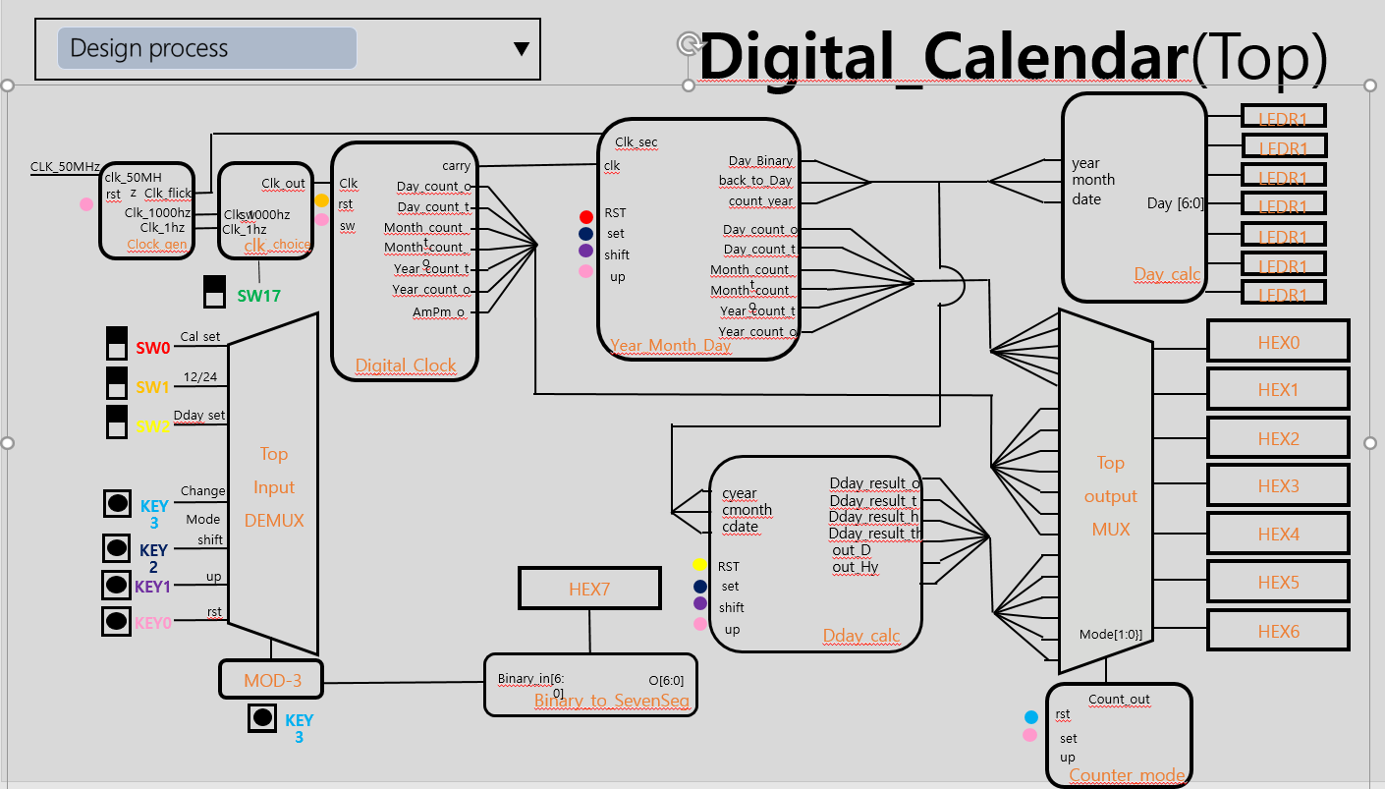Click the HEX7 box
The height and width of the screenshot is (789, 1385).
pyautogui.click(x=589, y=589)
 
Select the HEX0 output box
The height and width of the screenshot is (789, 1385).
pyautogui.click(x=1278, y=342)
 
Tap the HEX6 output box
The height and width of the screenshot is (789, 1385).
pyautogui.click(x=1278, y=631)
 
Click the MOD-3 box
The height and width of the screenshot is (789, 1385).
pyautogui.click(x=270, y=679)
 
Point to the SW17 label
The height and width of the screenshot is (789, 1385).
pyautogui.click(x=259, y=295)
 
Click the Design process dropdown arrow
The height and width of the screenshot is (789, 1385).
pyautogui.click(x=522, y=49)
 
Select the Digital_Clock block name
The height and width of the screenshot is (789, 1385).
pyautogui.click(x=406, y=366)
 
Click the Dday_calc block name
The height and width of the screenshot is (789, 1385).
pyautogui.click(x=861, y=636)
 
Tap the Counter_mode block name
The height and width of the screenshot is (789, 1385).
pyautogui.click(x=1127, y=775)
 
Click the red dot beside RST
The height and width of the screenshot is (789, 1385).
pyautogui.click(x=586, y=216)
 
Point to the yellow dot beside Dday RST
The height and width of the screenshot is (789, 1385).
pyautogui.click(x=699, y=565)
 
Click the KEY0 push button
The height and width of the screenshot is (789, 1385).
pyautogui.click(x=117, y=621)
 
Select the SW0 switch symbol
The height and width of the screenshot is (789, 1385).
pyautogui.click(x=116, y=344)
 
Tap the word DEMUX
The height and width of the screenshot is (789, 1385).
pyautogui.click(x=273, y=521)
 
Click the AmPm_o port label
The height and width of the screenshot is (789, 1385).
pyautogui.click(x=438, y=312)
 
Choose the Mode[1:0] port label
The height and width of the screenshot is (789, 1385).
pyautogui.click(x=1110, y=634)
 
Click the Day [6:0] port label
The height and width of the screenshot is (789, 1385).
pyautogui.click(x=1175, y=203)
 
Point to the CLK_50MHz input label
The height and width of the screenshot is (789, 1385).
pyautogui.click(x=65, y=167)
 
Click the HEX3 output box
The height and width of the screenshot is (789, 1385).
pyautogui.click(x=1278, y=485)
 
